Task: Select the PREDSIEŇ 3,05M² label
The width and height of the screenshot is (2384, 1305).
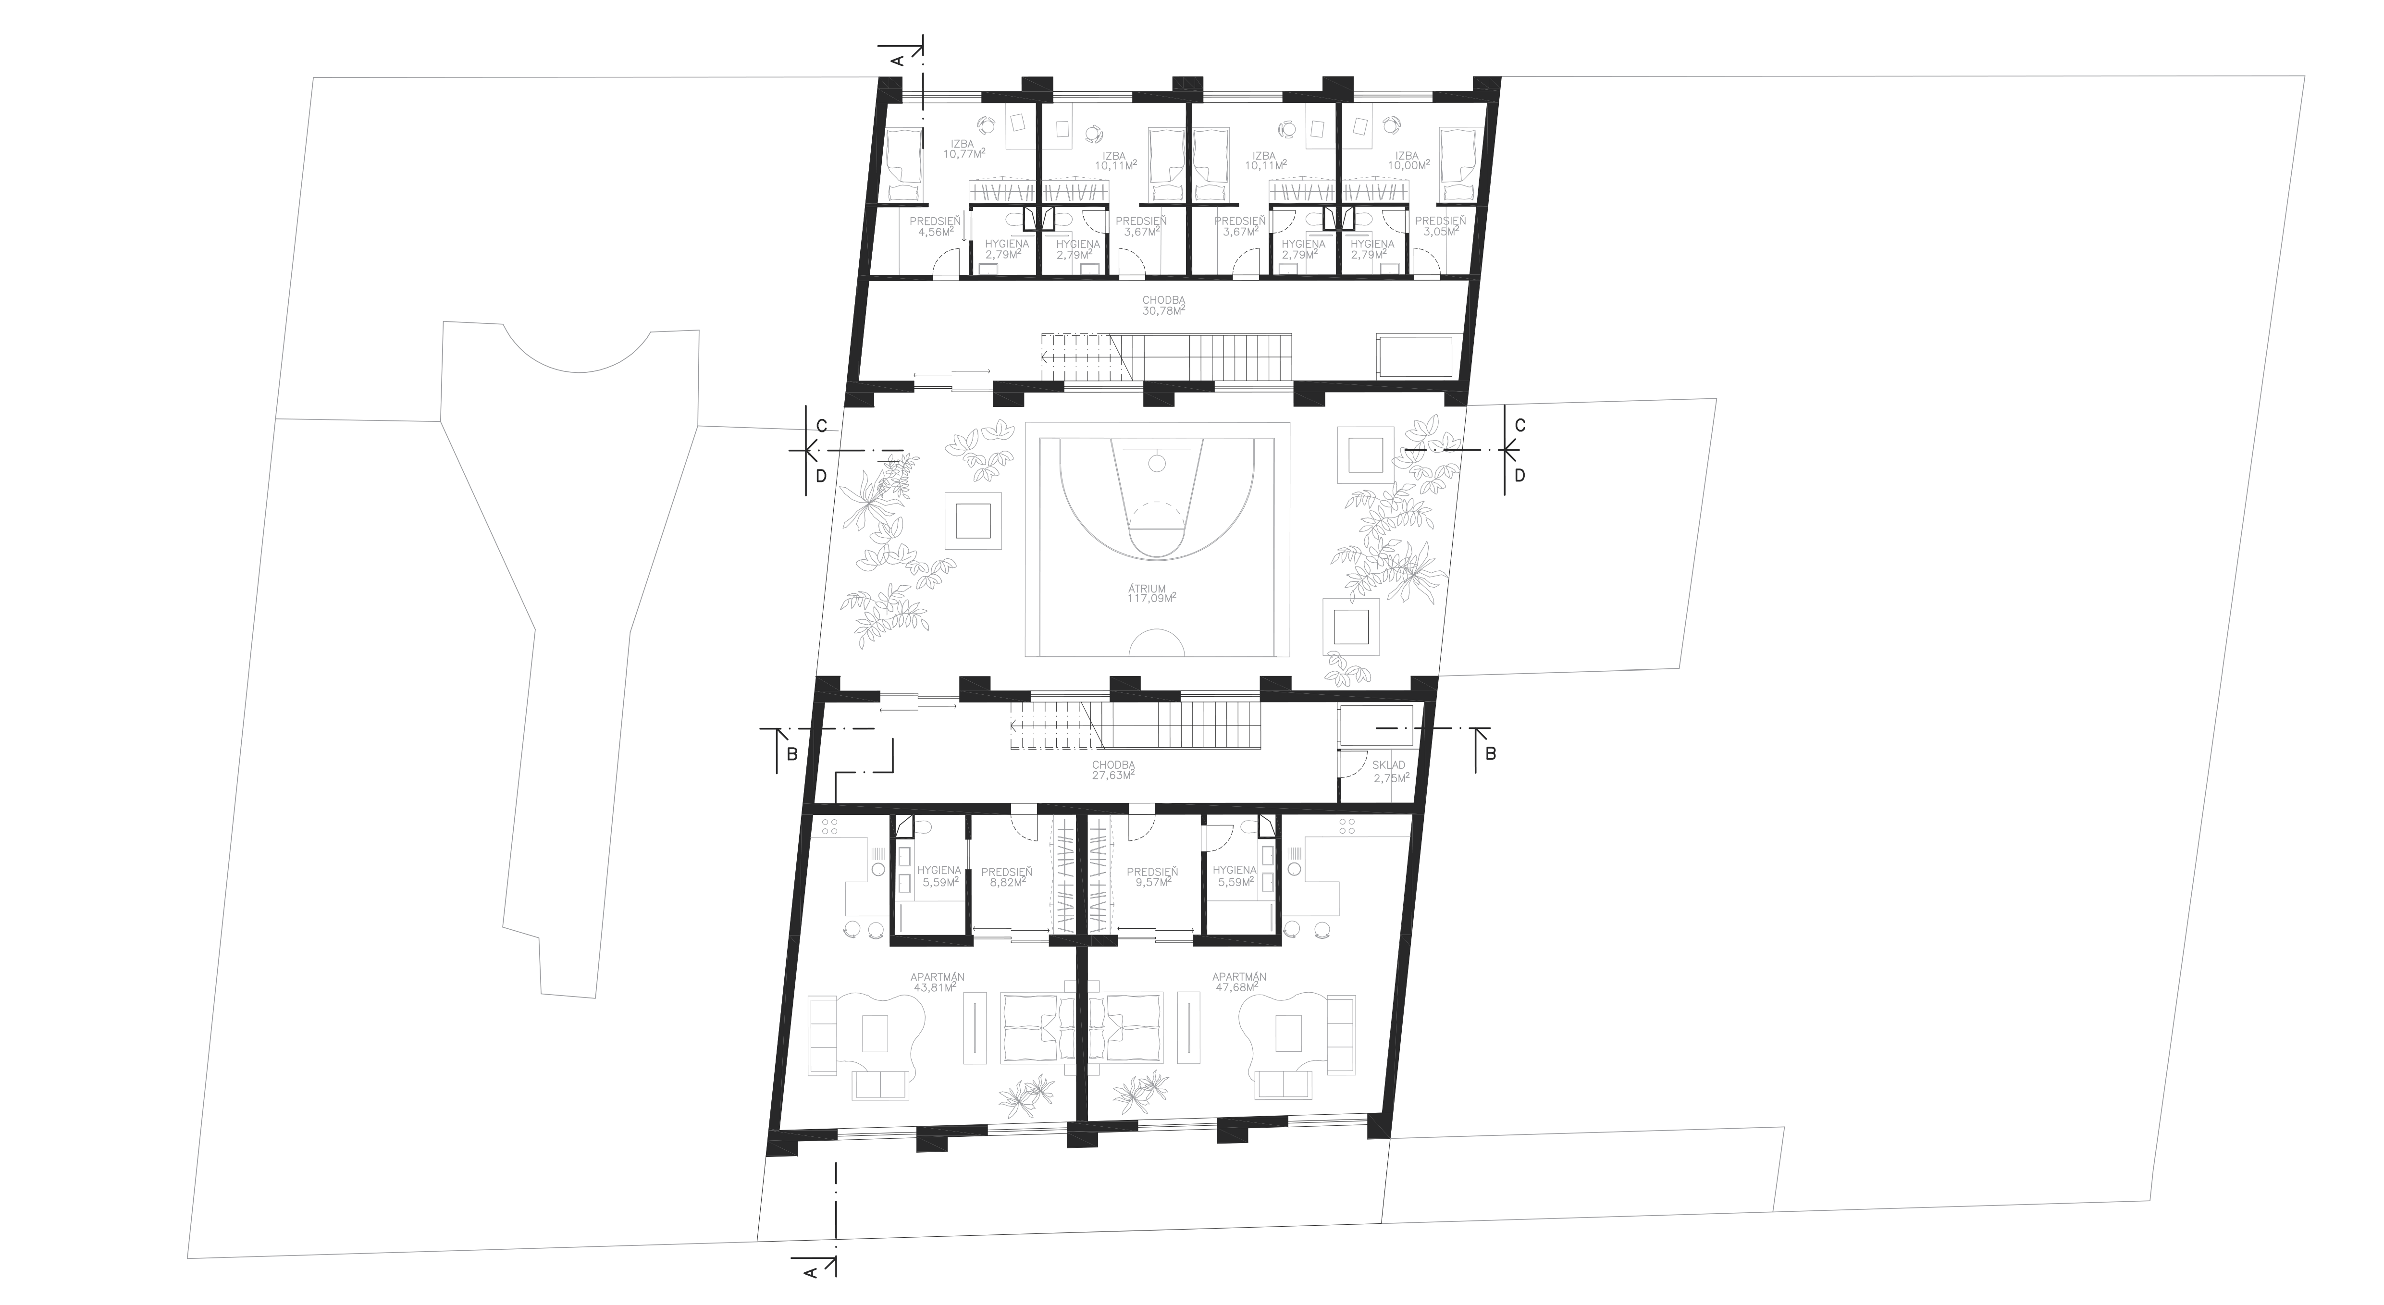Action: pos(1440,227)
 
